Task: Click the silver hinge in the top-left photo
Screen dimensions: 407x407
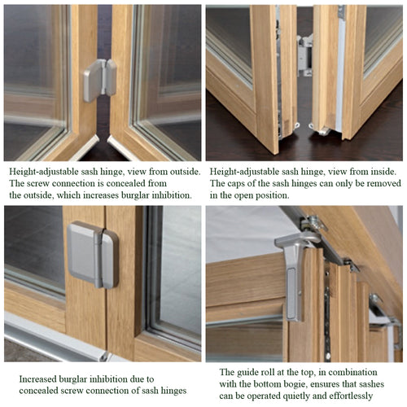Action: [x=98, y=80]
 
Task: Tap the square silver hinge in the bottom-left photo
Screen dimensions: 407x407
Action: [x=93, y=254]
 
